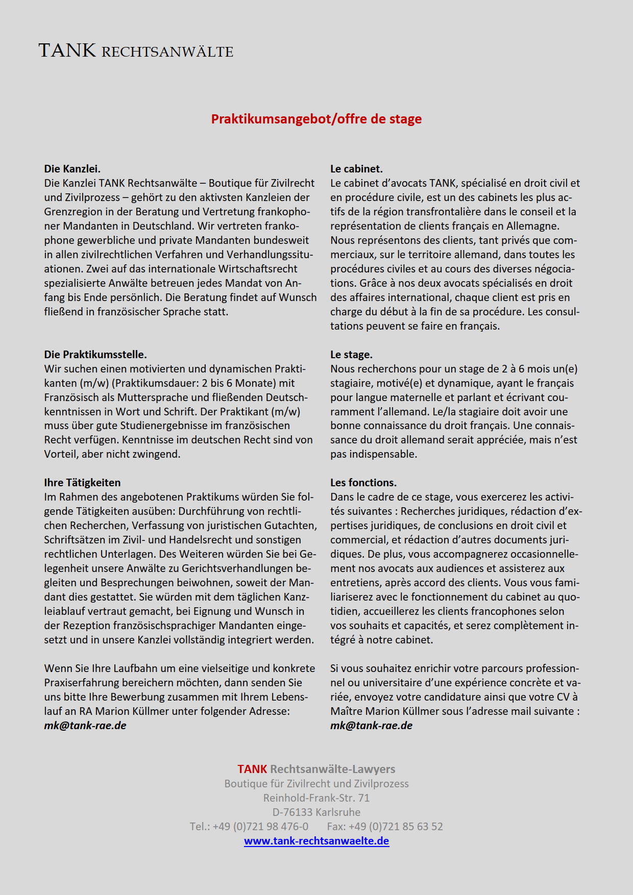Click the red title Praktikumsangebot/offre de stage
(x=316, y=119)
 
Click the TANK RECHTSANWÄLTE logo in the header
(x=136, y=51)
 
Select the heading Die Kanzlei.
(x=72, y=169)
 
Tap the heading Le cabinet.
(x=356, y=169)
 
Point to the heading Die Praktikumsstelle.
(x=95, y=355)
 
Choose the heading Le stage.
(x=351, y=355)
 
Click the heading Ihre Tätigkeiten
(x=82, y=483)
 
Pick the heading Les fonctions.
(x=363, y=483)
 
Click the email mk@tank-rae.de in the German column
(x=85, y=726)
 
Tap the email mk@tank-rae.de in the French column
(x=371, y=726)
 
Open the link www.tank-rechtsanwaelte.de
(x=316, y=841)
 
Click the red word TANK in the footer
(x=252, y=769)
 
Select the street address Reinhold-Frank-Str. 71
(x=316, y=798)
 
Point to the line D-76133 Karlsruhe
(x=316, y=812)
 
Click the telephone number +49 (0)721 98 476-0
(x=260, y=827)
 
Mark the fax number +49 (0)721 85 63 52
(x=399, y=827)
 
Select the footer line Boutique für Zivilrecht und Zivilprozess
(x=316, y=784)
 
